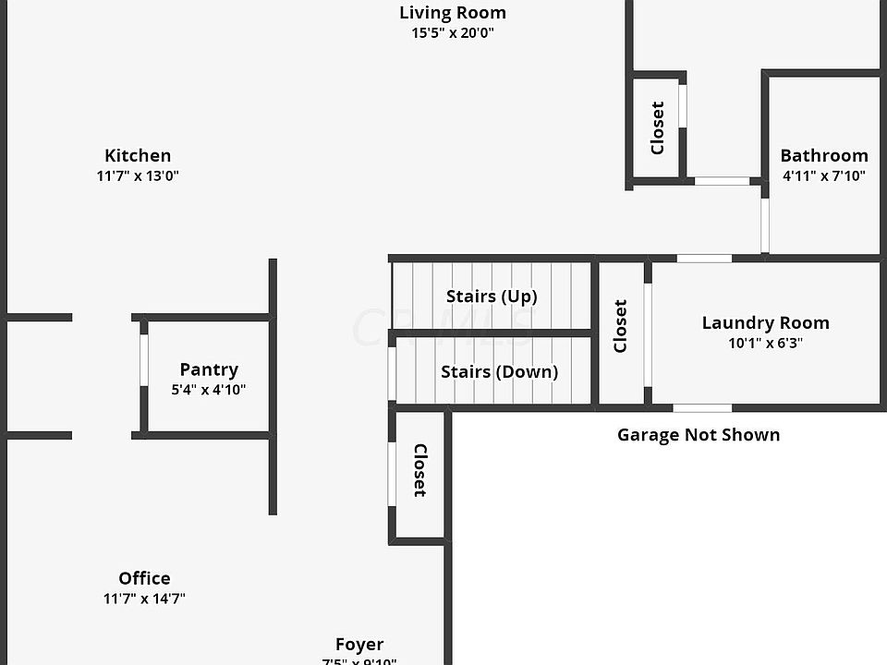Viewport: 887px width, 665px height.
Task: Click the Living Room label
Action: pos(453,13)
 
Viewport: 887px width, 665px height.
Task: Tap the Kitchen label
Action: pos(138,155)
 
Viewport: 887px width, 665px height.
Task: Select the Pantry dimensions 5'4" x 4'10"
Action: pos(209,390)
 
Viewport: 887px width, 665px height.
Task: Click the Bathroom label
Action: pos(824,155)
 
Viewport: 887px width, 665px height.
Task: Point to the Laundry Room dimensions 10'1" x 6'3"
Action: pos(765,344)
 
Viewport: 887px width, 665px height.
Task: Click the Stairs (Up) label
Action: pos(492,296)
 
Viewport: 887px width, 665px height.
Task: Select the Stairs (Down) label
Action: pos(499,372)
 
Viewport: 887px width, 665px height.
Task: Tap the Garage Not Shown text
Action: pos(699,434)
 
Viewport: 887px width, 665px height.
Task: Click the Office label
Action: pos(144,578)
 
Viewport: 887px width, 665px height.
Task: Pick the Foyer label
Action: pos(359,645)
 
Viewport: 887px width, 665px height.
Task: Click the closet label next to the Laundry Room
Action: pos(621,325)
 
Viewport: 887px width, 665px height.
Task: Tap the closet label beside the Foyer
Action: pos(419,471)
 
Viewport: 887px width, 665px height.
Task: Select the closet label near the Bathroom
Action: pos(658,127)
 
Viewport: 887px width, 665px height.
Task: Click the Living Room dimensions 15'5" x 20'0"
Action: pos(453,33)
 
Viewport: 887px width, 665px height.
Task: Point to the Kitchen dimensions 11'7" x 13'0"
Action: pos(138,175)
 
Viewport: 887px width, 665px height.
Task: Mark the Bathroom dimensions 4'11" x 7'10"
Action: pos(824,175)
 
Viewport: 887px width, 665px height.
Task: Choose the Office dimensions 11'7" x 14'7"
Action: pos(144,598)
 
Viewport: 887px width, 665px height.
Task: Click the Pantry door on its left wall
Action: pos(144,358)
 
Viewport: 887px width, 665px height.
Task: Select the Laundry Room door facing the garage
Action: pos(702,407)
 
